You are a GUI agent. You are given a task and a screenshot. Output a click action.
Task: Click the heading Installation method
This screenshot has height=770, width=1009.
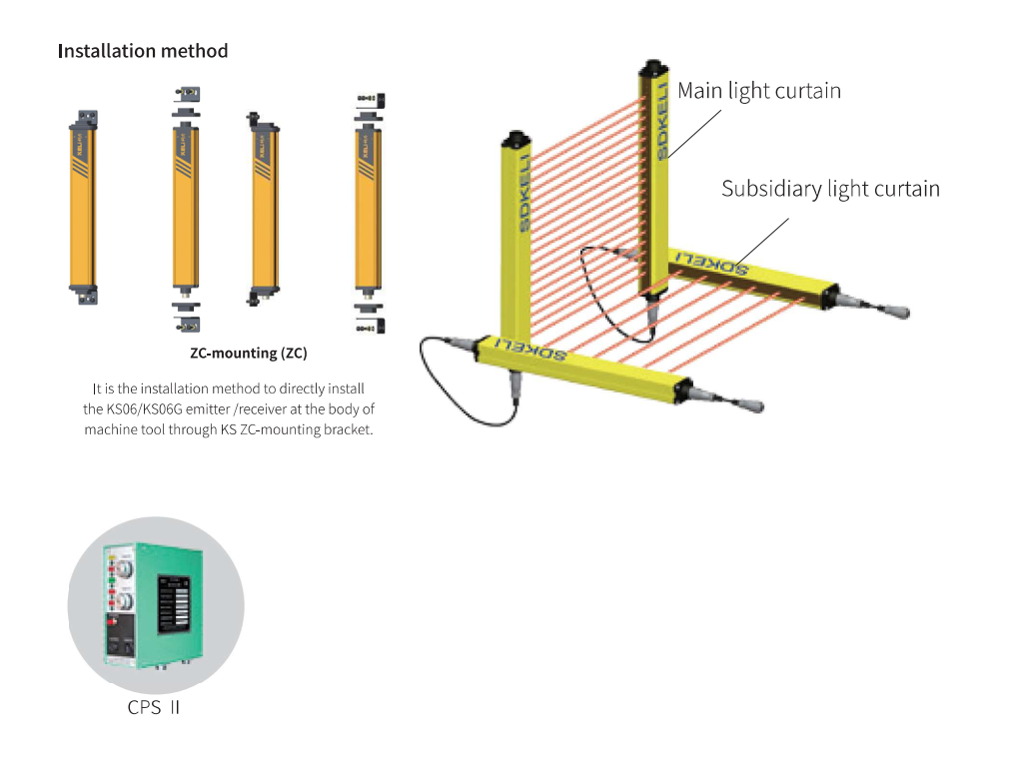click(143, 51)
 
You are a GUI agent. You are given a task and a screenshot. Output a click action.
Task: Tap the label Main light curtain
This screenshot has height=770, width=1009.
click(759, 91)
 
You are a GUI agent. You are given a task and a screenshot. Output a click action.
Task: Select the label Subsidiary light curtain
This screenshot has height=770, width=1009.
click(830, 189)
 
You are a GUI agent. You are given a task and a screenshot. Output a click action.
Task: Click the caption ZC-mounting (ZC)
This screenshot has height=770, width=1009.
click(249, 354)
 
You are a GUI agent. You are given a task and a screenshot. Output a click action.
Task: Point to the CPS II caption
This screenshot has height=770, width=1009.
click(154, 708)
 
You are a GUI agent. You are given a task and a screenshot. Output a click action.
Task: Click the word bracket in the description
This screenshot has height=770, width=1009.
click(350, 430)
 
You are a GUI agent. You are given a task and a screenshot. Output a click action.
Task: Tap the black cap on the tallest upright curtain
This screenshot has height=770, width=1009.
click(653, 71)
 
